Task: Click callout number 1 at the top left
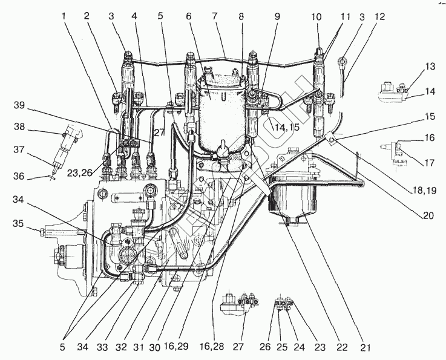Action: point(64,16)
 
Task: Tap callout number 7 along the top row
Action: point(214,16)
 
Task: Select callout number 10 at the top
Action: point(316,17)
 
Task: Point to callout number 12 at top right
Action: point(379,16)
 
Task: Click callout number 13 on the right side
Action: point(430,67)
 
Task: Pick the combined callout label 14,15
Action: point(287,128)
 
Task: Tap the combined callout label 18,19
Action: point(424,190)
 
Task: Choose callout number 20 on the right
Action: point(428,216)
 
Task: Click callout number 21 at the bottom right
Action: point(366,347)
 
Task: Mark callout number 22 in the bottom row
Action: point(342,347)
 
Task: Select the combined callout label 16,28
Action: point(212,346)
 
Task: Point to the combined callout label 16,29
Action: point(176,346)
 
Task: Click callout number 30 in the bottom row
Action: point(156,347)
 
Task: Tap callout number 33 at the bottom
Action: point(102,347)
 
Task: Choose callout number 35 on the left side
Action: point(19,223)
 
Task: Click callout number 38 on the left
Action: point(19,126)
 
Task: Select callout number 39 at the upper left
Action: point(19,105)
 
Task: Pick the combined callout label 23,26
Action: point(80,172)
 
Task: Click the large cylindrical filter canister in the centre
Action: point(222,114)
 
